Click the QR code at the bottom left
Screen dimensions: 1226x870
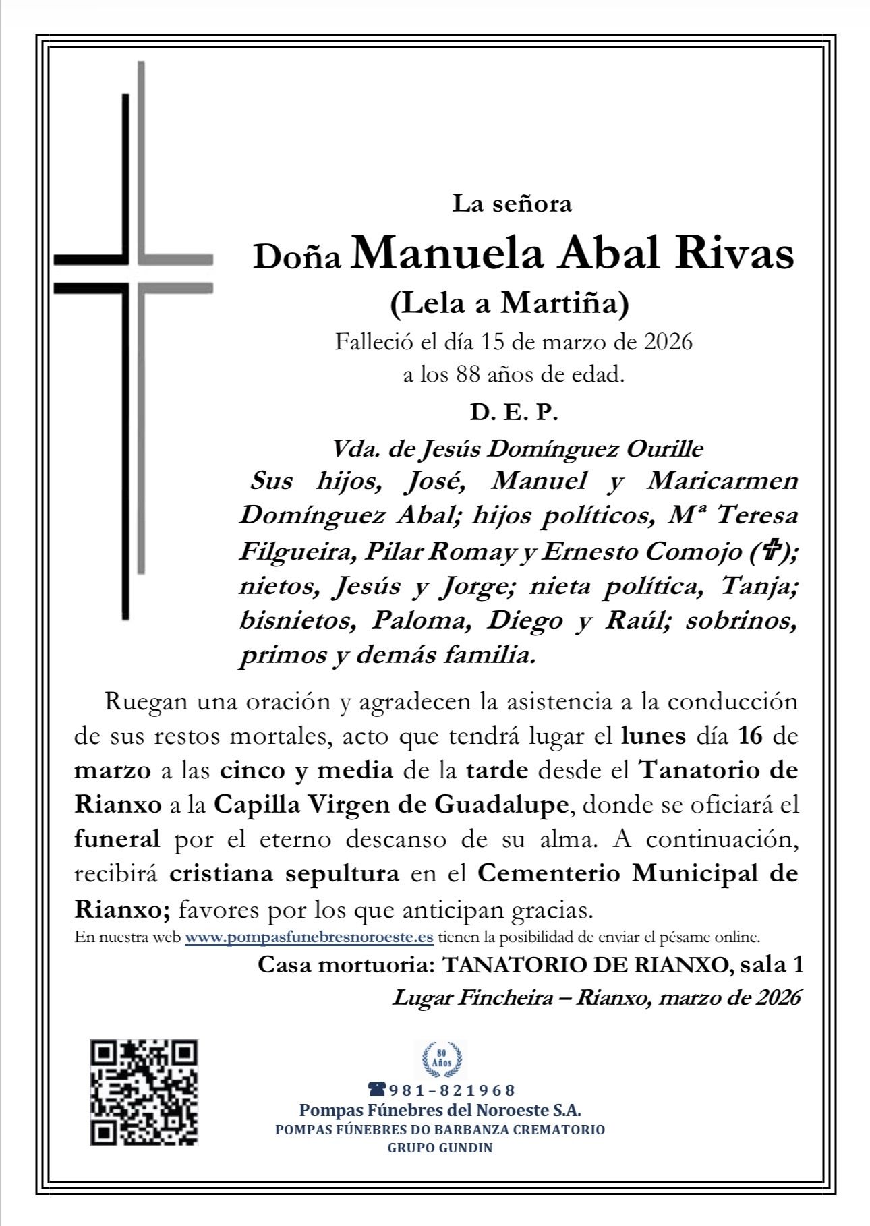point(144,1092)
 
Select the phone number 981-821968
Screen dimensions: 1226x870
point(442,1090)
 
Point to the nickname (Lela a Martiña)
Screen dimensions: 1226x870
point(509,303)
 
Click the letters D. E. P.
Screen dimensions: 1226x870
point(514,413)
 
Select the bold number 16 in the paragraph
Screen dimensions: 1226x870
point(750,736)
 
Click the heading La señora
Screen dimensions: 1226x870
point(512,203)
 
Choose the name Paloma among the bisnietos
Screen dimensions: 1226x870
point(421,621)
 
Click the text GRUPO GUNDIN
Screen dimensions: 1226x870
point(440,1148)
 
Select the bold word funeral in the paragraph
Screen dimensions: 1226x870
point(117,840)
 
